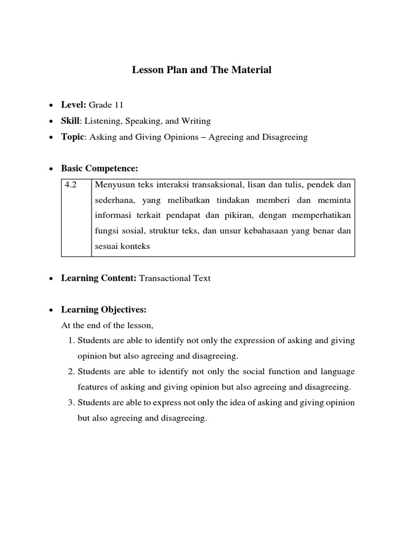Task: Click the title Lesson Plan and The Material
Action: click(x=201, y=69)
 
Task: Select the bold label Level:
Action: click(x=74, y=105)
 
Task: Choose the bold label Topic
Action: click(x=73, y=137)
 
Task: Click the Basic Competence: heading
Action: click(x=99, y=168)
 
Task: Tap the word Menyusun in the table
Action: click(x=112, y=185)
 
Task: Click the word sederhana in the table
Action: click(x=113, y=200)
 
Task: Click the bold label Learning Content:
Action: click(x=99, y=278)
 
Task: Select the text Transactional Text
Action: click(x=175, y=278)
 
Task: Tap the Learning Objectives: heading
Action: click(x=104, y=310)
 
